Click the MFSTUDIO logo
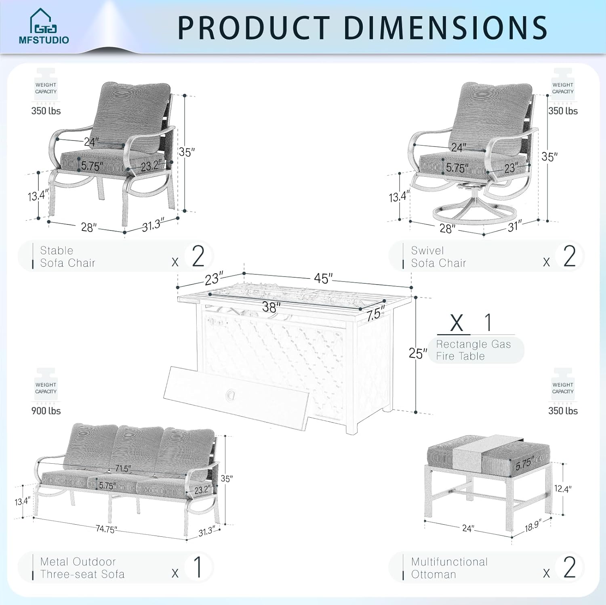(x=44, y=27)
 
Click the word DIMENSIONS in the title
(x=446, y=28)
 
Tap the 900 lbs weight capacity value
(x=46, y=411)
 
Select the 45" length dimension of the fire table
(x=323, y=278)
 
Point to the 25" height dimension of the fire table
(x=417, y=354)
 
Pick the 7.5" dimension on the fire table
(x=376, y=314)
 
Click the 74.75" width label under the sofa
(x=106, y=529)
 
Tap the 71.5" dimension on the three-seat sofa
(x=123, y=469)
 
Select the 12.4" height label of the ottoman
(x=562, y=489)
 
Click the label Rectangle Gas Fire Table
(x=473, y=350)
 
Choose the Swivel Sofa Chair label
(x=438, y=257)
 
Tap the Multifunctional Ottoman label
(x=449, y=568)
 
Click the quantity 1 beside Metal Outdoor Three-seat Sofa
(x=198, y=567)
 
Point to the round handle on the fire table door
(x=231, y=394)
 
